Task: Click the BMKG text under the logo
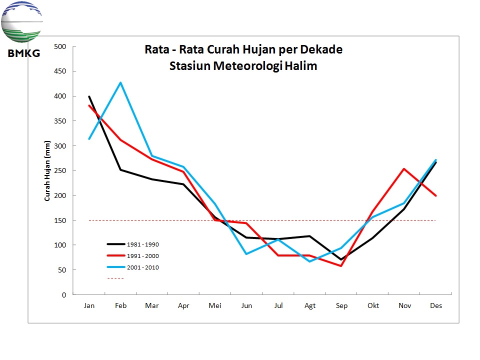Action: tap(23, 53)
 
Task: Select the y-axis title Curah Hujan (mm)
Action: tap(47, 171)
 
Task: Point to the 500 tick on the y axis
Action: tap(60, 47)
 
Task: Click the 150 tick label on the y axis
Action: tap(60, 220)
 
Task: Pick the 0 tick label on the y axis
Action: tap(63, 295)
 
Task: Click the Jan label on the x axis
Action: tap(89, 305)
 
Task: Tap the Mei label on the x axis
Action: tap(214, 305)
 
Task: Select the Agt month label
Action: tap(310, 305)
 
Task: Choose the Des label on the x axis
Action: tap(436, 305)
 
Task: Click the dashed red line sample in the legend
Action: tap(115, 278)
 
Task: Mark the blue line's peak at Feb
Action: tap(120, 82)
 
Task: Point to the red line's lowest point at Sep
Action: tap(341, 265)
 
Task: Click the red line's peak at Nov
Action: tap(404, 169)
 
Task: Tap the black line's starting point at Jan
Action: tap(89, 96)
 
